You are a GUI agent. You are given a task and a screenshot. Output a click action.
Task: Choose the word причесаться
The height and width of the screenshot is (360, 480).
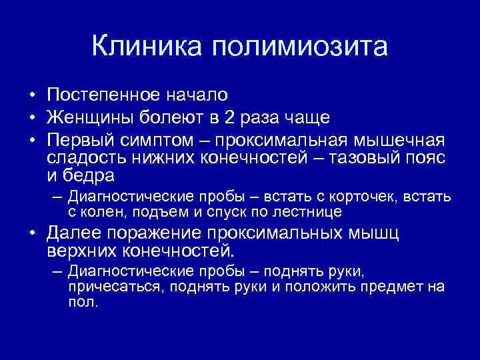pos(116,287)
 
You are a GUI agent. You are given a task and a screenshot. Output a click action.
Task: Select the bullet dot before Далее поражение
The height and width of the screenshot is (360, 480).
pos(31,235)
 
